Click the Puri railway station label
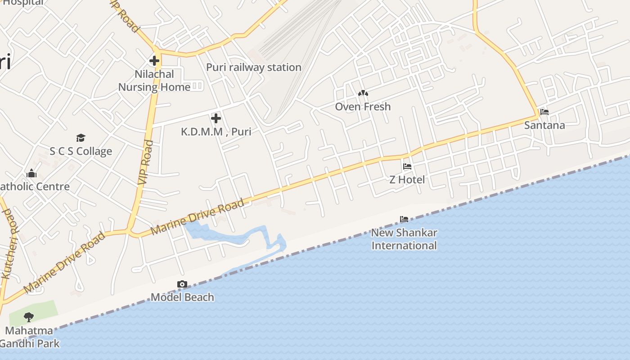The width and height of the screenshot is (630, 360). tap(253, 67)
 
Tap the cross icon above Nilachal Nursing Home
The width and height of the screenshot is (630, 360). tap(154, 60)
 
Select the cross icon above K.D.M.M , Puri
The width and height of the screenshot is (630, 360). tap(216, 118)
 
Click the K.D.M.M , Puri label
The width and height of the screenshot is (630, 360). tap(216, 132)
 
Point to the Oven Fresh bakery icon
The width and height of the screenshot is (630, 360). tap(363, 93)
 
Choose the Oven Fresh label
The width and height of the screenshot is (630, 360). tap(363, 107)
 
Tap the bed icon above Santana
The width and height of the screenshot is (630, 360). tap(544, 112)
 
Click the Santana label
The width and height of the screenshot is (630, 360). tap(544, 125)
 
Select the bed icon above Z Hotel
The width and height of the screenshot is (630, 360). tap(407, 166)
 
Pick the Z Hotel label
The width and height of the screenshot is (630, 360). tap(407, 180)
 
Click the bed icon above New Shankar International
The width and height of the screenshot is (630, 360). tap(404, 220)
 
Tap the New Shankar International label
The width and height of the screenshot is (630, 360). tap(404, 239)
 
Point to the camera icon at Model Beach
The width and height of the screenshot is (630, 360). tap(182, 284)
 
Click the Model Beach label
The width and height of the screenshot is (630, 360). tap(182, 297)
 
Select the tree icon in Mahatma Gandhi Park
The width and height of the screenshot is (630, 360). tap(29, 317)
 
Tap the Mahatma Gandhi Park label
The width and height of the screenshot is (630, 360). tap(29, 337)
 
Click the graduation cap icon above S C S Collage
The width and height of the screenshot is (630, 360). tap(81, 138)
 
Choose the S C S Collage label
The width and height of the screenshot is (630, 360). tap(81, 151)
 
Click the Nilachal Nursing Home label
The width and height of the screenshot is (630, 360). tap(154, 81)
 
